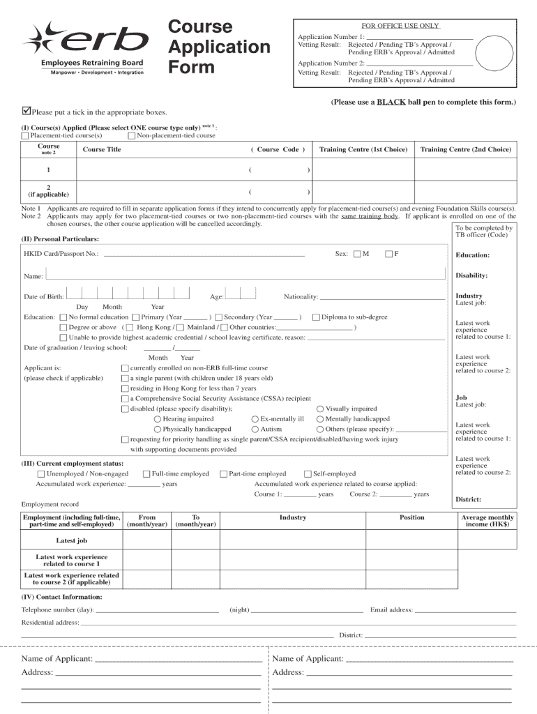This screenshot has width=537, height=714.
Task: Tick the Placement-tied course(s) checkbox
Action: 25,135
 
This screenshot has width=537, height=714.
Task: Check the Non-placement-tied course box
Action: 131,135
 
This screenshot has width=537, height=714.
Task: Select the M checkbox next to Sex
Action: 357,254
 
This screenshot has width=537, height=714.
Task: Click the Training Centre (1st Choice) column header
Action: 363,149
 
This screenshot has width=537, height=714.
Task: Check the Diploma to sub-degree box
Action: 316,317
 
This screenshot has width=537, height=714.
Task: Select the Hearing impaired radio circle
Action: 158,419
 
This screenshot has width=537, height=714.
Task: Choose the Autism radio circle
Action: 255,430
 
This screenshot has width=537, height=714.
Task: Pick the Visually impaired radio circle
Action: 320,409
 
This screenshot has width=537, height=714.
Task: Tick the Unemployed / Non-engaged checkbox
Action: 41,474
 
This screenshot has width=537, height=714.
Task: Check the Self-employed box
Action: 308,474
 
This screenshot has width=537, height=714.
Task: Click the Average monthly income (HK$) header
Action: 487,521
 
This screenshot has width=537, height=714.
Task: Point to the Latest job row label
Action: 72,540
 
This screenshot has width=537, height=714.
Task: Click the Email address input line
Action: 465,611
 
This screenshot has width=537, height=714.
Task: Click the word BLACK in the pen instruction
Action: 391,102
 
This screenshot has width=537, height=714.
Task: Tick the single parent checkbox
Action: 125,378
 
